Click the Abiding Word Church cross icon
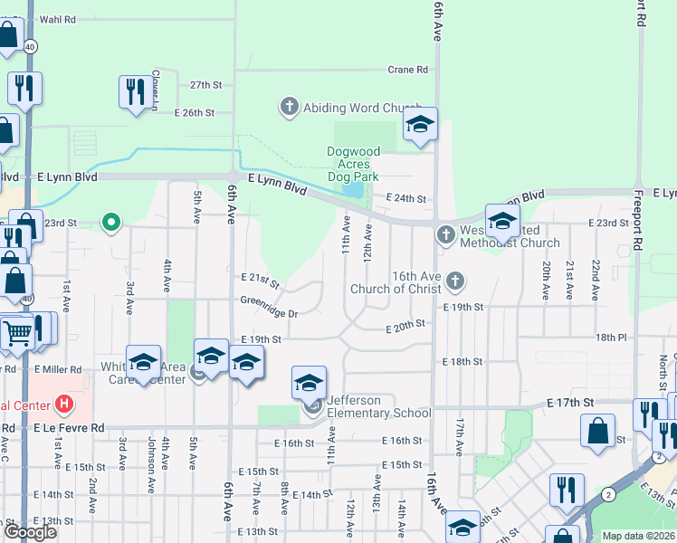point(290,108)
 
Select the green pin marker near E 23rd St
point(111,221)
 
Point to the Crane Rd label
point(407,70)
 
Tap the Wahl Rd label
point(58,18)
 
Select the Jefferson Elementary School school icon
point(309,384)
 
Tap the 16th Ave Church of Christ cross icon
point(455,281)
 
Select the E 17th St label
point(570,402)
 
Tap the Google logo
point(30,532)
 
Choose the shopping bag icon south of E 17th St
point(598,430)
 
